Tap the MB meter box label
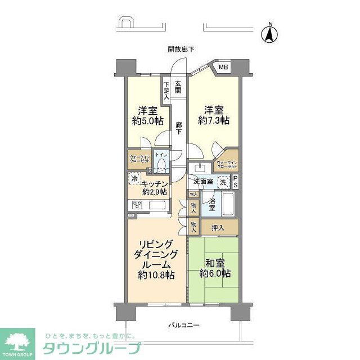coord(223,68)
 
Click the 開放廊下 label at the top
coord(181,49)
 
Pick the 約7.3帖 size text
coord(214,120)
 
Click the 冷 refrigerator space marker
coord(134,179)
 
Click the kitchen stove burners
coord(136,205)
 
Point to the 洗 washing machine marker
coord(223,182)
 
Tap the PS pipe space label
coord(236,182)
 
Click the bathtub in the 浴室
coord(228,204)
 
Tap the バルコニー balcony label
coord(184,326)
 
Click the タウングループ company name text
coord(92,348)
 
